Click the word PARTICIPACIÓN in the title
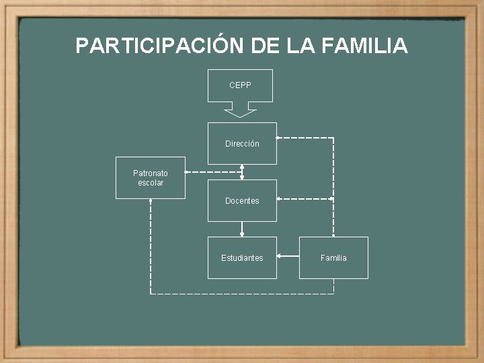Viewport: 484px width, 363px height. [160, 46]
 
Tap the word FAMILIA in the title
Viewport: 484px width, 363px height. [365, 46]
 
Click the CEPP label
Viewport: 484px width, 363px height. [240, 85]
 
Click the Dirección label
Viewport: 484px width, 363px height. [242, 144]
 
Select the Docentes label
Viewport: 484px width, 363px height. [242, 201]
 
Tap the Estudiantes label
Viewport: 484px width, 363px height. [242, 258]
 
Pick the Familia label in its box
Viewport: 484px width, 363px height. [333, 258]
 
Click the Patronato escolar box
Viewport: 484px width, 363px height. [150, 178]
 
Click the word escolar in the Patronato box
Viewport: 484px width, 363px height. [151, 183]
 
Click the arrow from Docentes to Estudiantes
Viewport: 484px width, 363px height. [242, 229]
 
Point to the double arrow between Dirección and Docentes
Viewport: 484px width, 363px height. [242, 172]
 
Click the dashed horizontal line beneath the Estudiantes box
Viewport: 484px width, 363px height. [242, 294]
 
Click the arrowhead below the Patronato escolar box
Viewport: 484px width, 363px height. [151, 202]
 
